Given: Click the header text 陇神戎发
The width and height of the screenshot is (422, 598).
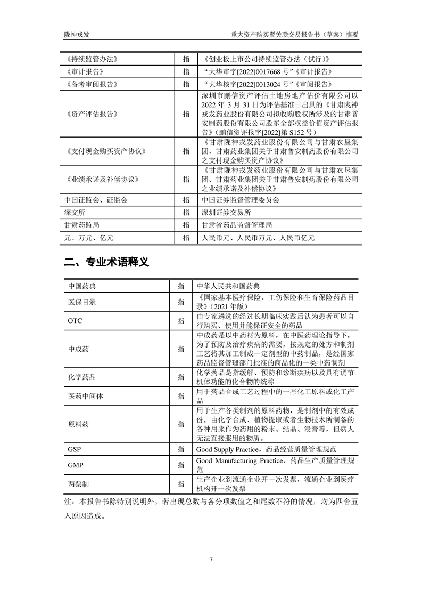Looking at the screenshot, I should [77, 35].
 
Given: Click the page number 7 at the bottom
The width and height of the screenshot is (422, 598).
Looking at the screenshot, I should [211, 559].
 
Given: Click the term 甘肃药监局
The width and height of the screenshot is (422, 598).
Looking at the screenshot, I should [81, 225].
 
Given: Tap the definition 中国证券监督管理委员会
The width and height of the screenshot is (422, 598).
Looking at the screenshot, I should [241, 200].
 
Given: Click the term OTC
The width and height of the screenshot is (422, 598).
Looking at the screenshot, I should [75, 321].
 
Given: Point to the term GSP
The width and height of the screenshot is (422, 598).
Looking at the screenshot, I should [75, 450].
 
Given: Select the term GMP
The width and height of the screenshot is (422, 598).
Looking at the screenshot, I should [75, 465].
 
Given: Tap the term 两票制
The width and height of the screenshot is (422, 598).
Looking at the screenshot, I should [78, 483].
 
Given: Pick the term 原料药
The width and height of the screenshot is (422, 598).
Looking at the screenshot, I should [78, 424].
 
